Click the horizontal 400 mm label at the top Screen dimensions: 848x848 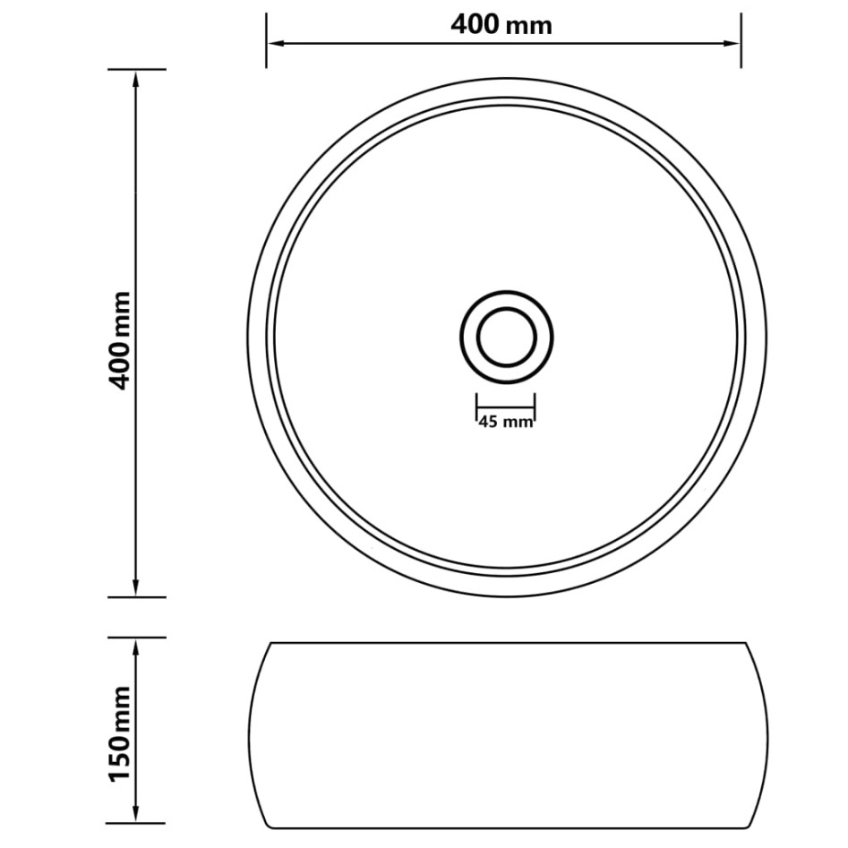[501, 25]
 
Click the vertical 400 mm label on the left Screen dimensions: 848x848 [121, 339]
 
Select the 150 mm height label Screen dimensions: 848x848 [121, 732]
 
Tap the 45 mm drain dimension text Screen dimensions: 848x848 [505, 422]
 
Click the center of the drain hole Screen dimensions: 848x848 [506, 338]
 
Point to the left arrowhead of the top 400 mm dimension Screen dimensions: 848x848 [274, 42]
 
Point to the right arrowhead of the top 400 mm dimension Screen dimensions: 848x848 [733, 42]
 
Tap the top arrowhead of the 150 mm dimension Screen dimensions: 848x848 [135, 647]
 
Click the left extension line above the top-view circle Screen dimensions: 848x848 [266, 40]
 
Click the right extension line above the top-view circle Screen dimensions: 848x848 [741, 40]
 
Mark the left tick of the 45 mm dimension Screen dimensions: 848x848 [475, 407]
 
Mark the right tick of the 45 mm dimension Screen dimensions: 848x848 [535, 407]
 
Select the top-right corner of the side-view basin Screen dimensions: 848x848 [745, 643]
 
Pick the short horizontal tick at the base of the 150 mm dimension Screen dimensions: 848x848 [135, 823]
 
